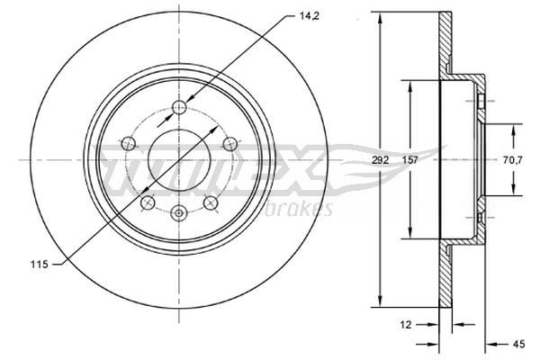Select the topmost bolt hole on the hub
179,107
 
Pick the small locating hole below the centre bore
178,212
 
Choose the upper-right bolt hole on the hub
229,143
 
